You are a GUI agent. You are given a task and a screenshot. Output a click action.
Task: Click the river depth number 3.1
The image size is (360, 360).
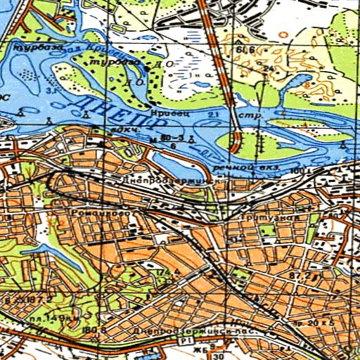pyautogui.click(x=51, y=91)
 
